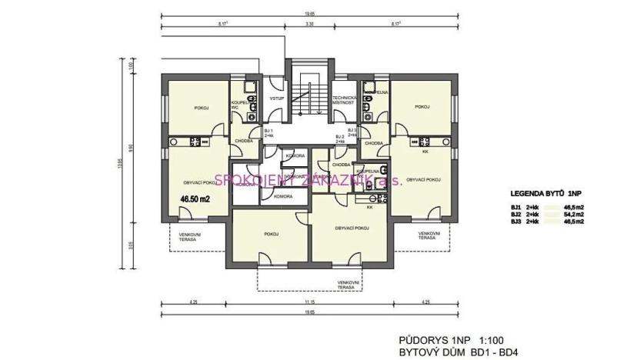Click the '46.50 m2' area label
tap(195, 198)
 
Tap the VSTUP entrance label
tap(277, 99)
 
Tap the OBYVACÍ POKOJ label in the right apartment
tap(423, 179)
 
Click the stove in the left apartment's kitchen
tap(194, 141)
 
